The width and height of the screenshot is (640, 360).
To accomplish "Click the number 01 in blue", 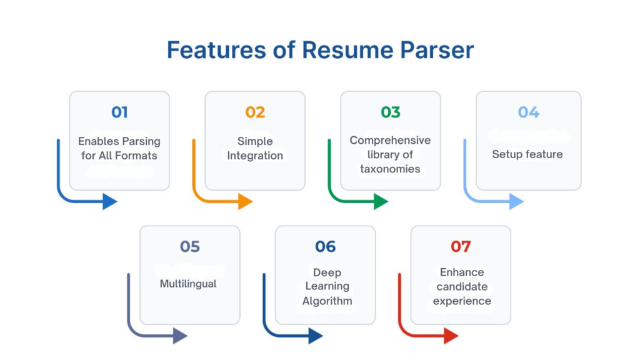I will pyautogui.click(x=119, y=112).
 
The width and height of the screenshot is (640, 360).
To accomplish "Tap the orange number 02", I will pyautogui.click(x=255, y=112).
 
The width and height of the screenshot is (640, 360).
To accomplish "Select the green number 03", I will pyautogui.click(x=391, y=112).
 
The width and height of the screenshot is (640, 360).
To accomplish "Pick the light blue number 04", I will pyautogui.click(x=528, y=112).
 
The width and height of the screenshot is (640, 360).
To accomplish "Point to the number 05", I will pyautogui.click(x=189, y=247).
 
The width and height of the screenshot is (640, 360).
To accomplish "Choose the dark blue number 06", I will pyautogui.click(x=325, y=247).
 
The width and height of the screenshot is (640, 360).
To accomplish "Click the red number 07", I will pyautogui.click(x=461, y=247).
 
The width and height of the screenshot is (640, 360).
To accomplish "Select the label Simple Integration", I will pyautogui.click(x=255, y=148).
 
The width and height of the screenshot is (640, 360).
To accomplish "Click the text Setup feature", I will pyautogui.click(x=527, y=154).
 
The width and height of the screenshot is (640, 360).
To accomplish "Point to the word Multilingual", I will pyautogui.click(x=188, y=284).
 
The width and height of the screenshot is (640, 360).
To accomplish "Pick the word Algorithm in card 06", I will pyautogui.click(x=327, y=301).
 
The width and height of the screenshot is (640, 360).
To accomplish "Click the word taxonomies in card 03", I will pyautogui.click(x=390, y=169).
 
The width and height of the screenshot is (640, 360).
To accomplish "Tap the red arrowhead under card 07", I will pyautogui.click(x=451, y=336).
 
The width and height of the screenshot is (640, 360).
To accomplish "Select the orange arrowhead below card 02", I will pyautogui.click(x=246, y=201).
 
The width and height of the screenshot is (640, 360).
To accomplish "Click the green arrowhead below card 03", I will pyautogui.click(x=381, y=201).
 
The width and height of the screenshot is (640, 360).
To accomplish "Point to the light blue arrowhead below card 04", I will pyautogui.click(x=516, y=201).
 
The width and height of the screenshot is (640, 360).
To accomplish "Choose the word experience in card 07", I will pyautogui.click(x=462, y=301).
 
